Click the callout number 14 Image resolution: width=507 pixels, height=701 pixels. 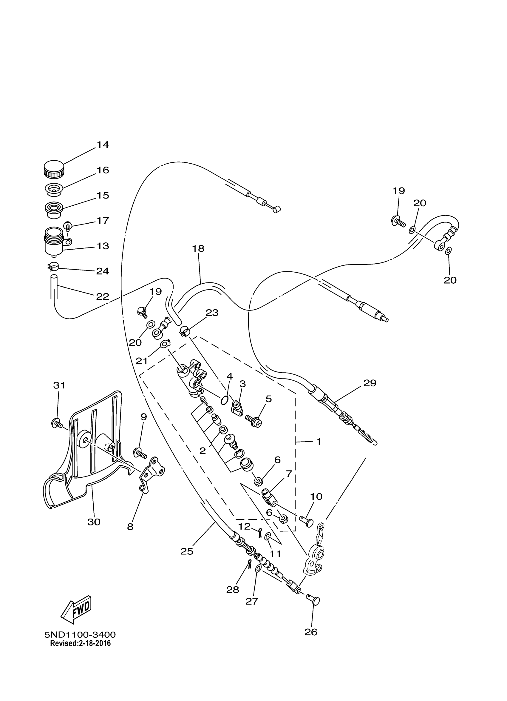[x=103, y=145]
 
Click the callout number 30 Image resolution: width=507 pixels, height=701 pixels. [x=94, y=522]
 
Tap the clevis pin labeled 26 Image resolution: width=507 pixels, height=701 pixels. [x=313, y=600]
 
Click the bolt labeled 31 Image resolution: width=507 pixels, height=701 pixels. [x=56, y=422]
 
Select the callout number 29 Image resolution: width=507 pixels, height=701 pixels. [x=370, y=383]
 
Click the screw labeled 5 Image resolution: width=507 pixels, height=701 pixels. [x=254, y=421]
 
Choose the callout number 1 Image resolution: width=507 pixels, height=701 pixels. [x=319, y=442]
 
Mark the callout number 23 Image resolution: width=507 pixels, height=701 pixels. [x=212, y=313]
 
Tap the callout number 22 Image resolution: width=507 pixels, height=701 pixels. [x=103, y=296]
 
